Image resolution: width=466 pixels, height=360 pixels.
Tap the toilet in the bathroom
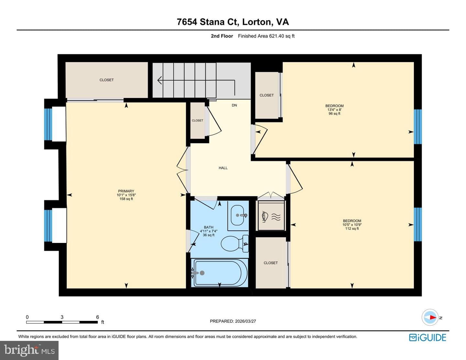pos(235,244)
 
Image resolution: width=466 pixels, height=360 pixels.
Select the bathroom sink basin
pos(238,215)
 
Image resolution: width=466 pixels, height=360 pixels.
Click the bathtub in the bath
pos(220,273)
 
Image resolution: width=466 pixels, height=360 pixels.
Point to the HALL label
pos(223,168)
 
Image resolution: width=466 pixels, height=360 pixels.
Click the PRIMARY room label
pos(126,191)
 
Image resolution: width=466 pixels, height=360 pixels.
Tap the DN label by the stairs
pos(234,105)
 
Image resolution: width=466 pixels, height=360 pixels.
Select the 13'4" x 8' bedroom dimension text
pos(334,110)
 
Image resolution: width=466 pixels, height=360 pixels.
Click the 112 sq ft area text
pos(352,229)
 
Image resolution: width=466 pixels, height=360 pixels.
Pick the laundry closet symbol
pos(271,216)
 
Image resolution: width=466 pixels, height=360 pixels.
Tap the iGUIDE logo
pos(427,337)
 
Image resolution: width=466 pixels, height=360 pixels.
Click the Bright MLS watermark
pos(29,351)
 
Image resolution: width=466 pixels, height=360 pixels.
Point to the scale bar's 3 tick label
pos(62,317)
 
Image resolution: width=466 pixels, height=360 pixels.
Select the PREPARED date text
pos(233,321)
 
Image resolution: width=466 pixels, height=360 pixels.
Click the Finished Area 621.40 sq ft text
pos(266,36)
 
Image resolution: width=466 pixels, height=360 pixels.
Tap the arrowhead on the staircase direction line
pos(159,80)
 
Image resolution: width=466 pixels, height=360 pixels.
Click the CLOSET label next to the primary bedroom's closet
pos(106,80)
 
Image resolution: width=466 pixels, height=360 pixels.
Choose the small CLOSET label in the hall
pos(197,121)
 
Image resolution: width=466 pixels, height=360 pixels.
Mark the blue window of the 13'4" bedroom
pos(418,127)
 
